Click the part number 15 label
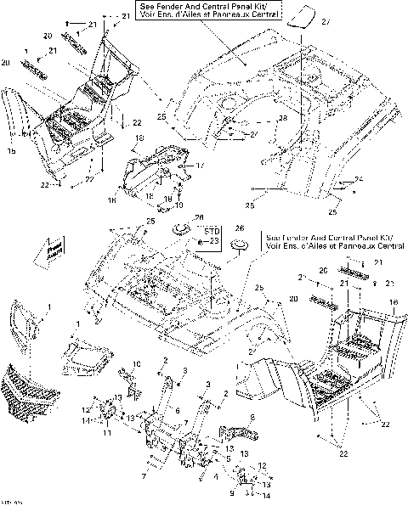tap(12, 151)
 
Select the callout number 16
tap(393, 301)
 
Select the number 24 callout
tap(360, 179)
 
